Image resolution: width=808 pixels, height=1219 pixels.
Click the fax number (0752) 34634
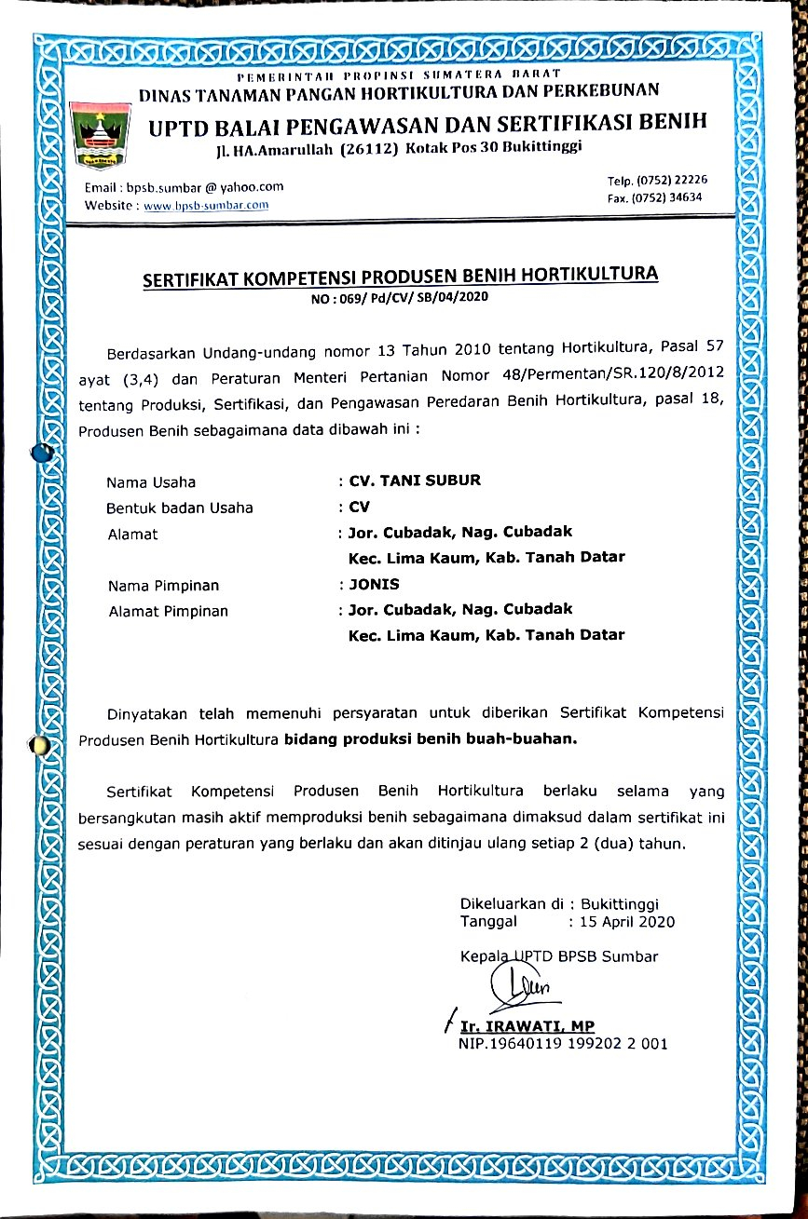click(668, 196)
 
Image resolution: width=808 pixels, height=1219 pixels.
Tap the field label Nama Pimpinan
click(163, 586)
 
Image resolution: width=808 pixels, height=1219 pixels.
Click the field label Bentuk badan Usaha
click(180, 508)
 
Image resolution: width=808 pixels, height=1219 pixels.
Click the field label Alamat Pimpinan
click(168, 611)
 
